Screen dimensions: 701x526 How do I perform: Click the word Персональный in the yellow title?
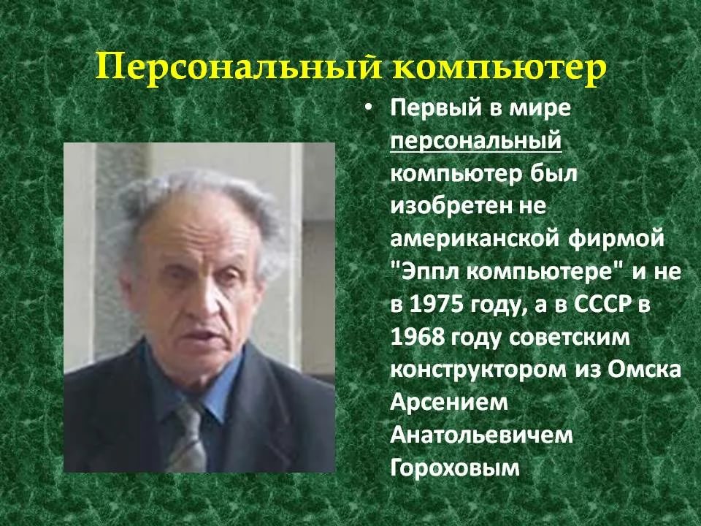[x=240, y=68]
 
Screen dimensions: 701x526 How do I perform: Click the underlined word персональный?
[x=475, y=141]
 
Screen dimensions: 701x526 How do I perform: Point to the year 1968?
[x=418, y=337]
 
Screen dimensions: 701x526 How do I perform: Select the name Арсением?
[x=449, y=402]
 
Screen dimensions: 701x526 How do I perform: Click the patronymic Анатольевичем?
[x=481, y=435]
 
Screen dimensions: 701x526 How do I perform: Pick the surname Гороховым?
[x=455, y=468]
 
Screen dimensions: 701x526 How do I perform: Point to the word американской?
[x=475, y=239]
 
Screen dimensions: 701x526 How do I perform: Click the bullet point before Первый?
[x=367, y=109]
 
